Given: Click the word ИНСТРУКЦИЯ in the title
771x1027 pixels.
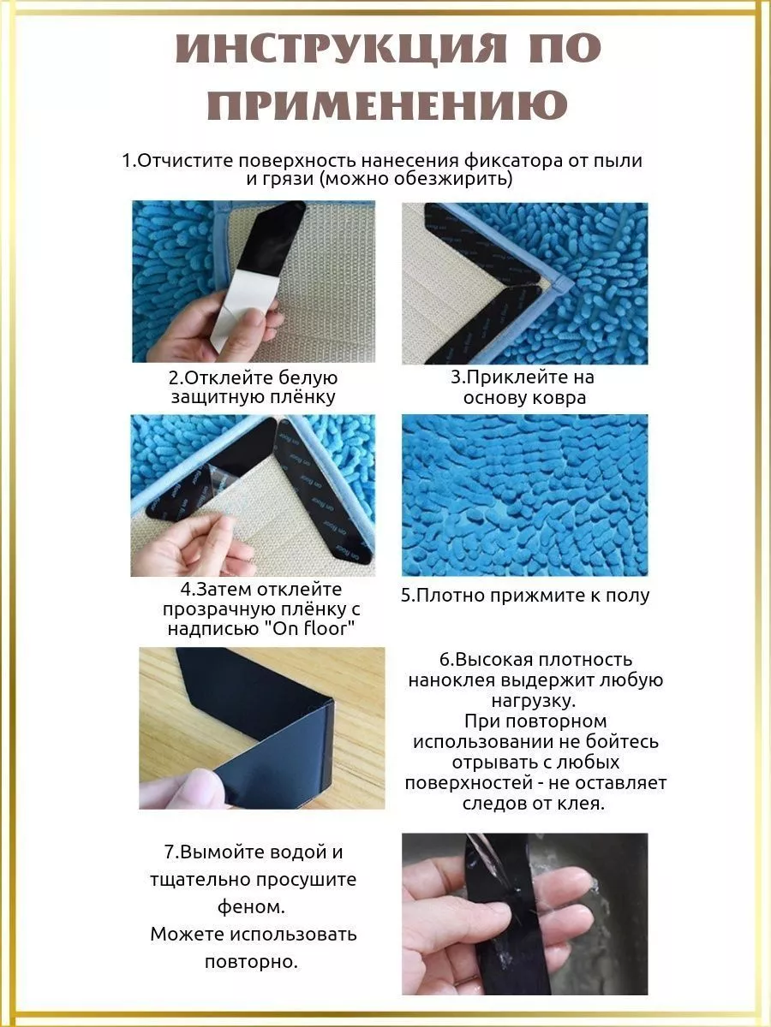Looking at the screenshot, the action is click(341, 48).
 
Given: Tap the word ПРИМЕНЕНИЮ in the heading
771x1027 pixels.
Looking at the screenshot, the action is click(387, 104).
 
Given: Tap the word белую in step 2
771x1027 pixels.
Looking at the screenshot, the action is click(308, 377).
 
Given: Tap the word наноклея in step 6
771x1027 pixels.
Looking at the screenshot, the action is click(451, 680).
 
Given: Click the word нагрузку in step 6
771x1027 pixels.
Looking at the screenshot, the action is click(534, 701).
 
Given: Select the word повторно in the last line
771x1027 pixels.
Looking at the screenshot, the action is click(251, 962).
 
